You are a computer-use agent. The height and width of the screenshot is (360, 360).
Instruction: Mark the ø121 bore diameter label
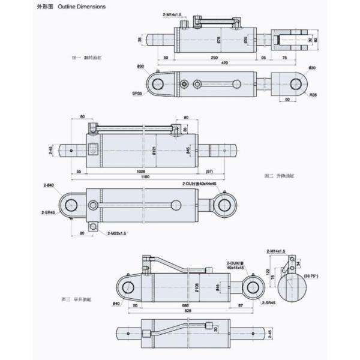[x=154, y=149]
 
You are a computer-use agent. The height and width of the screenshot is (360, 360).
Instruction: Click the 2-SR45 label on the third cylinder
[x=269, y=304]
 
